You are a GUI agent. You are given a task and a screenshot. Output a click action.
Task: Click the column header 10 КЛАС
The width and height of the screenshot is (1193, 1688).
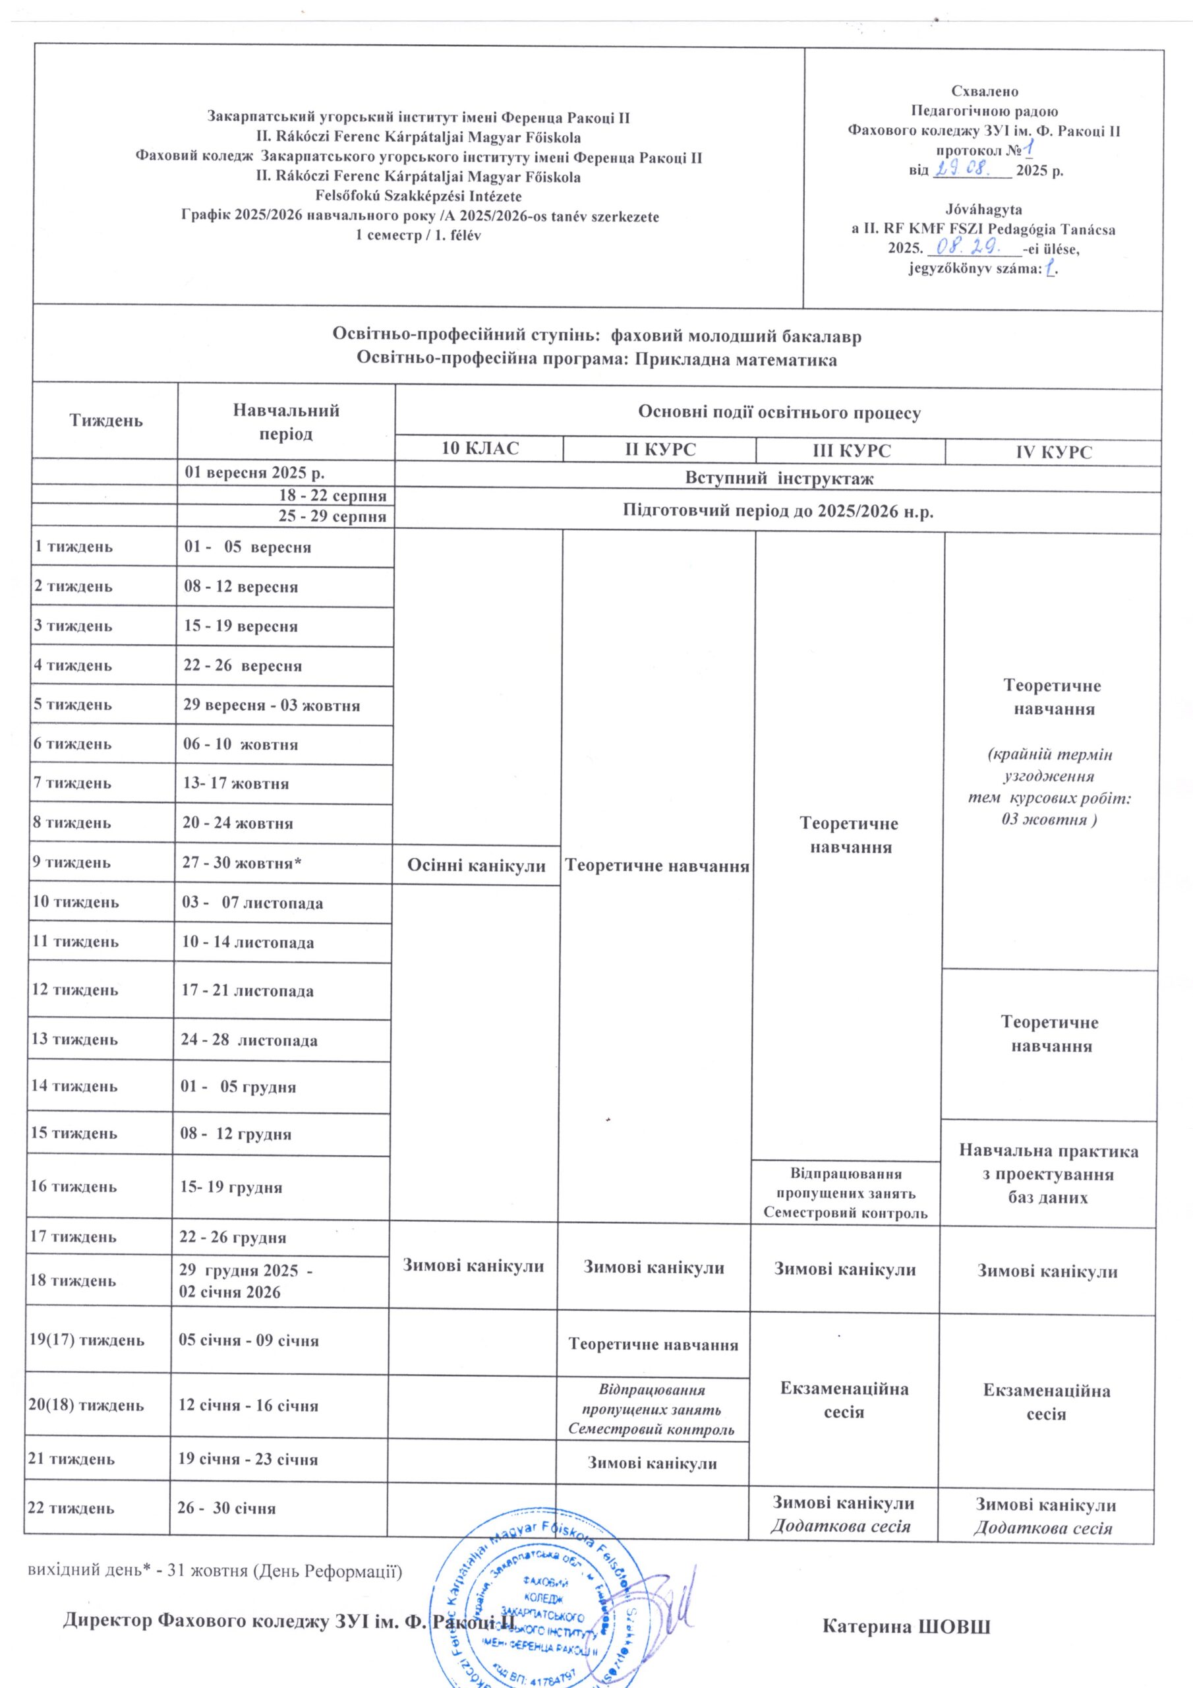click(x=479, y=448)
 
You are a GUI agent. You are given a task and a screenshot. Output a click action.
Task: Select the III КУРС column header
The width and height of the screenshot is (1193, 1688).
click(x=850, y=450)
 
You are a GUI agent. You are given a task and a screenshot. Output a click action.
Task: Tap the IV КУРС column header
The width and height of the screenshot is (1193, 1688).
click(x=1053, y=452)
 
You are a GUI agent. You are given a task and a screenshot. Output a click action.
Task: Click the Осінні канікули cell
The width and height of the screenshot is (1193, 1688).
click(x=477, y=865)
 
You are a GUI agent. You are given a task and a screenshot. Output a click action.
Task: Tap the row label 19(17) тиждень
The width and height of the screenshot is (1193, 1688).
click(x=86, y=1339)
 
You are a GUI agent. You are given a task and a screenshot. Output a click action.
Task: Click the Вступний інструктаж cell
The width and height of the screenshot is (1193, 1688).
click(x=779, y=479)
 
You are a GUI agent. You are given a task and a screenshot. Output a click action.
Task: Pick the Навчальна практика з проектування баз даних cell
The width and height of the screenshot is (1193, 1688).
click(x=1048, y=1174)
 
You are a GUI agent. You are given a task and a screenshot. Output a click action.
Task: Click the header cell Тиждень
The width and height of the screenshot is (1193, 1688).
click(x=106, y=421)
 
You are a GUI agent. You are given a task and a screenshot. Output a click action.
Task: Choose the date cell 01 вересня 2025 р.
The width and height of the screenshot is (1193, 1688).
click(x=254, y=472)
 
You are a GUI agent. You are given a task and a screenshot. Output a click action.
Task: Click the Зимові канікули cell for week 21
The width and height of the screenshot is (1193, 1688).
click(x=652, y=1462)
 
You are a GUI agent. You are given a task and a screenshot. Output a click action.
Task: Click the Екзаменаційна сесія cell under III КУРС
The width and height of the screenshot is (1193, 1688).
click(x=844, y=1400)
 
